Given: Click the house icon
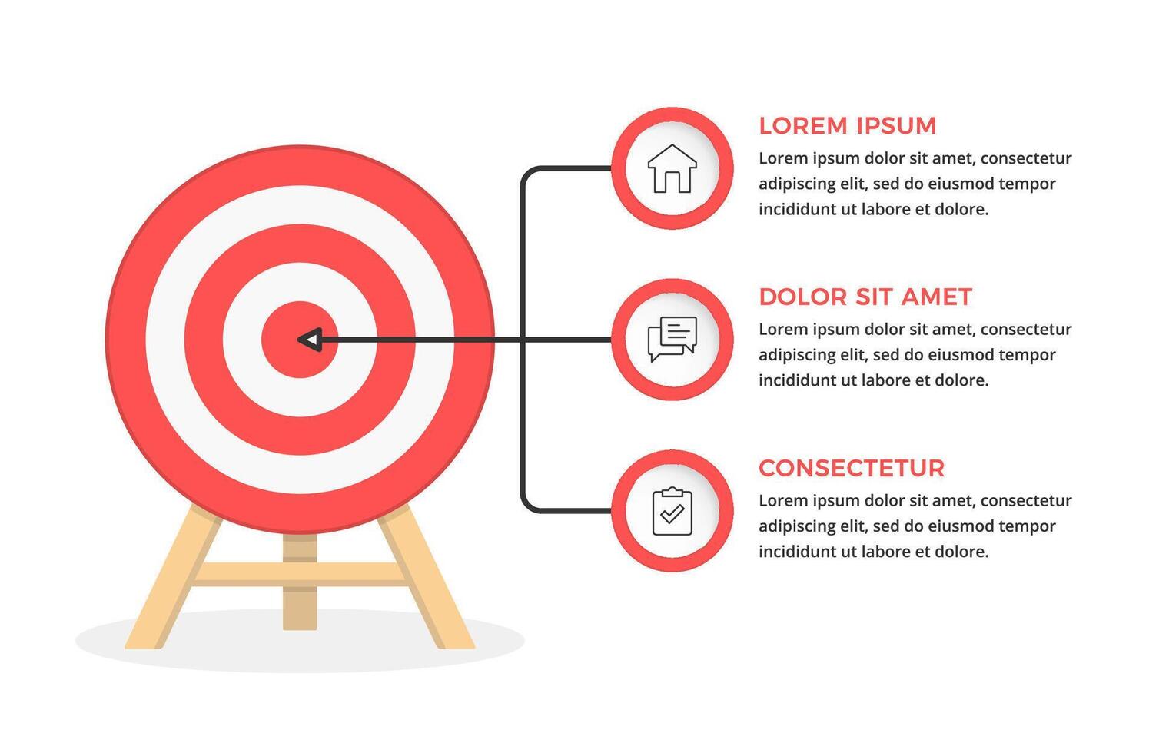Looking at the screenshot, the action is point(672,168).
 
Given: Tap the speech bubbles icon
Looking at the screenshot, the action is point(672,340).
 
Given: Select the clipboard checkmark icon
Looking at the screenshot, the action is point(672,511).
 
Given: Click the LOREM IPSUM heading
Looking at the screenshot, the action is point(847,126).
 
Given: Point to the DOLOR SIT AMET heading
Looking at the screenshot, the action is point(865,297).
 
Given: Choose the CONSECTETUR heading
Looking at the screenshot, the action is point(852,469).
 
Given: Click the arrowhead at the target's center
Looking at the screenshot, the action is point(310,340).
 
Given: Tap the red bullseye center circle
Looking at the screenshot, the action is point(300,340).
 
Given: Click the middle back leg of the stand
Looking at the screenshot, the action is point(300,582).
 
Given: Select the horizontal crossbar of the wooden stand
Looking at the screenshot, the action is point(299,574).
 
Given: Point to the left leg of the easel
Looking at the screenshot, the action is point(174,576).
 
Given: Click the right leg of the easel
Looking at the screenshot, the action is point(427,576).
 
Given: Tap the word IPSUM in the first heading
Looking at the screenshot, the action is point(895,126).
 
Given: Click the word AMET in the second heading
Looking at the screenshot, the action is point(937,297).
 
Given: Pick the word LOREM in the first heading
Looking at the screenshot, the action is point(802,126).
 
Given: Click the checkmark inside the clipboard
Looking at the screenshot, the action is point(672,513).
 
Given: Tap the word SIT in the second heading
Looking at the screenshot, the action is point(874,297).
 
